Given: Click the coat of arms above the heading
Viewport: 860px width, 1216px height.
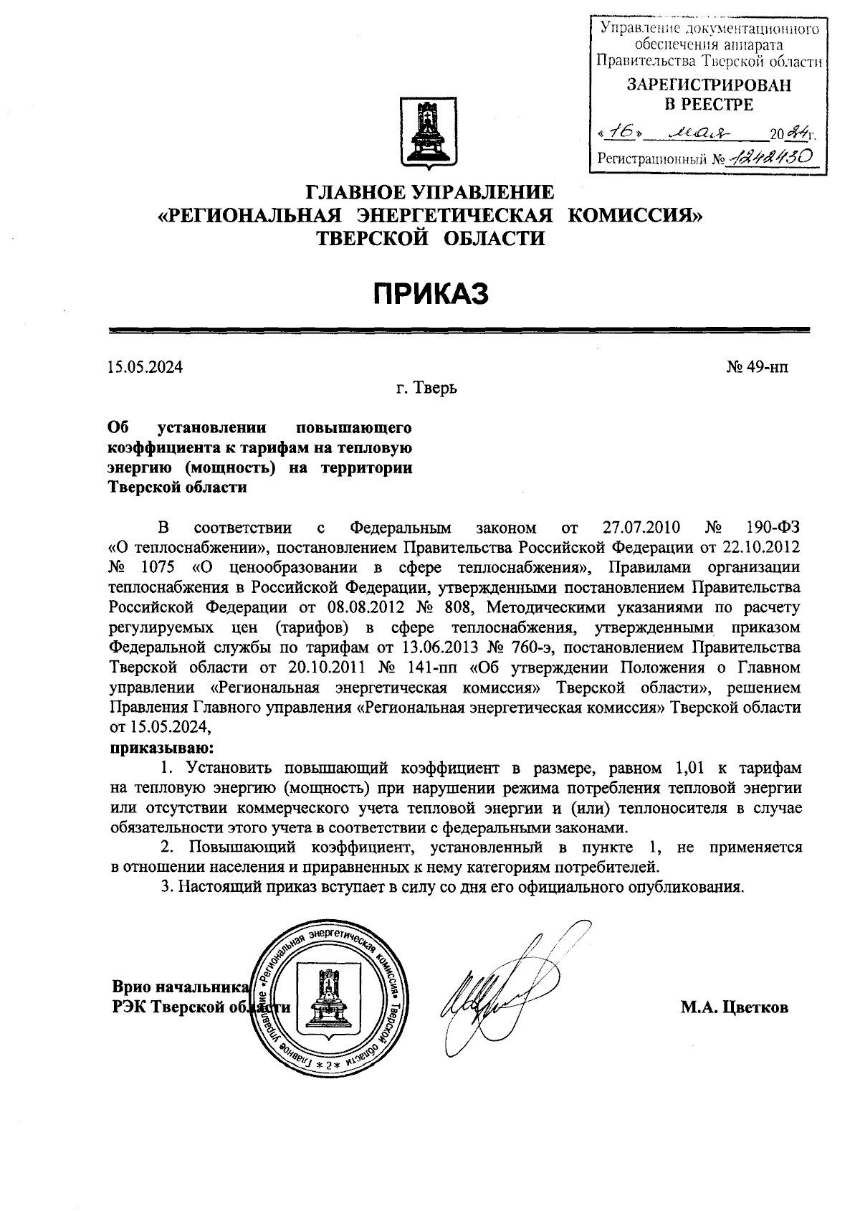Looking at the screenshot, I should (429, 134).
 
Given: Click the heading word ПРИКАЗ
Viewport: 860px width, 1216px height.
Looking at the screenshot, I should (429, 294).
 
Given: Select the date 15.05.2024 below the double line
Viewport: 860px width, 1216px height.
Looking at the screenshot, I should (145, 368).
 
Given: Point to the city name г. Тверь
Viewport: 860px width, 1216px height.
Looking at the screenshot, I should (427, 389).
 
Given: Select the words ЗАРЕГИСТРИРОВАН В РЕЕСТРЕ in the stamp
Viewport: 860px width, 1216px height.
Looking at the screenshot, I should (709, 95).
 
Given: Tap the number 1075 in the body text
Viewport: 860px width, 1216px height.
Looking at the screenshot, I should (161, 569).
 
